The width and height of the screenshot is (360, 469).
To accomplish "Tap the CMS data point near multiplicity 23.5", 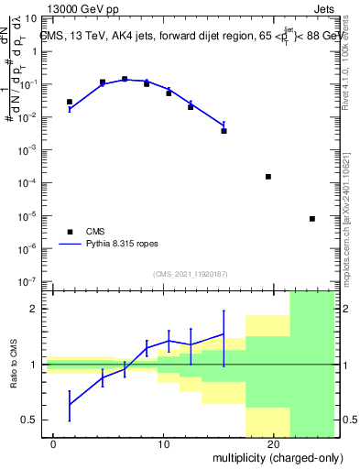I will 312,219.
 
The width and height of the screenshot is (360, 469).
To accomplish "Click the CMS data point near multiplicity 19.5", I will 268,176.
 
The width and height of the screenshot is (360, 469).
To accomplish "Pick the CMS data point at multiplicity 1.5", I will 70,102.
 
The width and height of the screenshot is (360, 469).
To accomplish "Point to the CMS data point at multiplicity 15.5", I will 224,131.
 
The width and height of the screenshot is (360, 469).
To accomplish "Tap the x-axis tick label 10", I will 163,443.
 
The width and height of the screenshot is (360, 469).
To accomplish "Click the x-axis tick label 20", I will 273,443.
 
